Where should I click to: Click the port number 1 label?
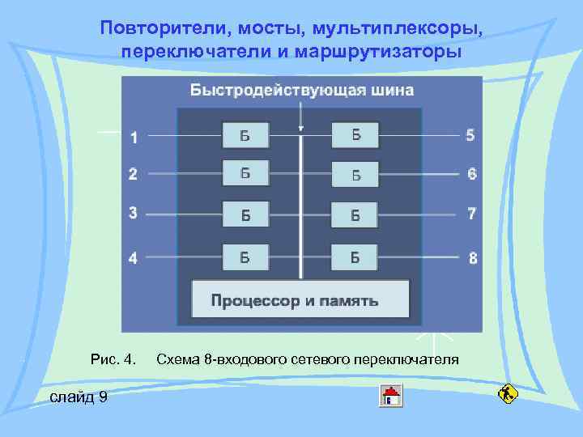click(x=134, y=138)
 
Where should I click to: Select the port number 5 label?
click(x=470, y=134)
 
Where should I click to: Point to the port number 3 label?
click(x=133, y=213)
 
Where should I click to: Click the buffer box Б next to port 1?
click(x=245, y=135)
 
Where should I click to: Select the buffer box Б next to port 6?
click(x=355, y=174)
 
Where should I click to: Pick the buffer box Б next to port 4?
click(x=245, y=258)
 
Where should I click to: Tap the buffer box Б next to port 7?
click(x=355, y=215)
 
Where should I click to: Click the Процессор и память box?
click(x=300, y=301)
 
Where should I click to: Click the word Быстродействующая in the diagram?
click(x=275, y=90)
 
